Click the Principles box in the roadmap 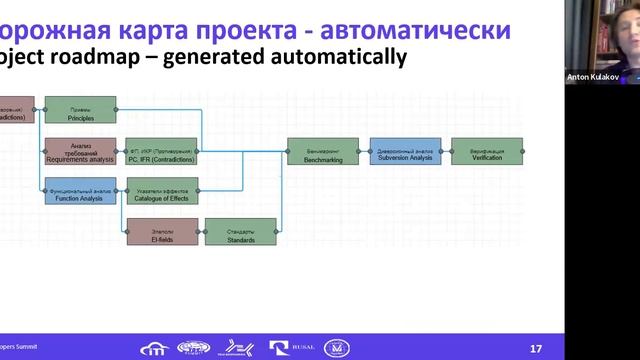(81, 110)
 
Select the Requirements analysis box (81, 151)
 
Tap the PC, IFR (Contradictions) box (162, 151)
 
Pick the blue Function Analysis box (81, 191)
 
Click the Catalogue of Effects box (162, 191)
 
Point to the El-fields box (162, 232)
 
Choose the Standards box (240, 232)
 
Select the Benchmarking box (323, 151)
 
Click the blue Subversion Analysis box (405, 151)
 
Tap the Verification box (487, 151)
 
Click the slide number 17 (536, 347)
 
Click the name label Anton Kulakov (593, 76)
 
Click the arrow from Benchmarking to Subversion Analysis (364, 151)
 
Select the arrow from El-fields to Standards (201, 232)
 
